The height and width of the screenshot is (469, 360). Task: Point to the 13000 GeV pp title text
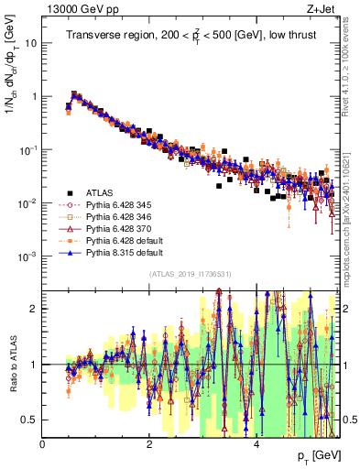coord(73,8)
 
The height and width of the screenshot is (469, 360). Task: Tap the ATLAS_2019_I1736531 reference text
coord(191,274)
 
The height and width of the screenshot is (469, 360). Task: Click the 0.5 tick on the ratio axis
coord(30,420)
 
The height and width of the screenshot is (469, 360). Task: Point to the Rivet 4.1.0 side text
coord(352,69)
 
